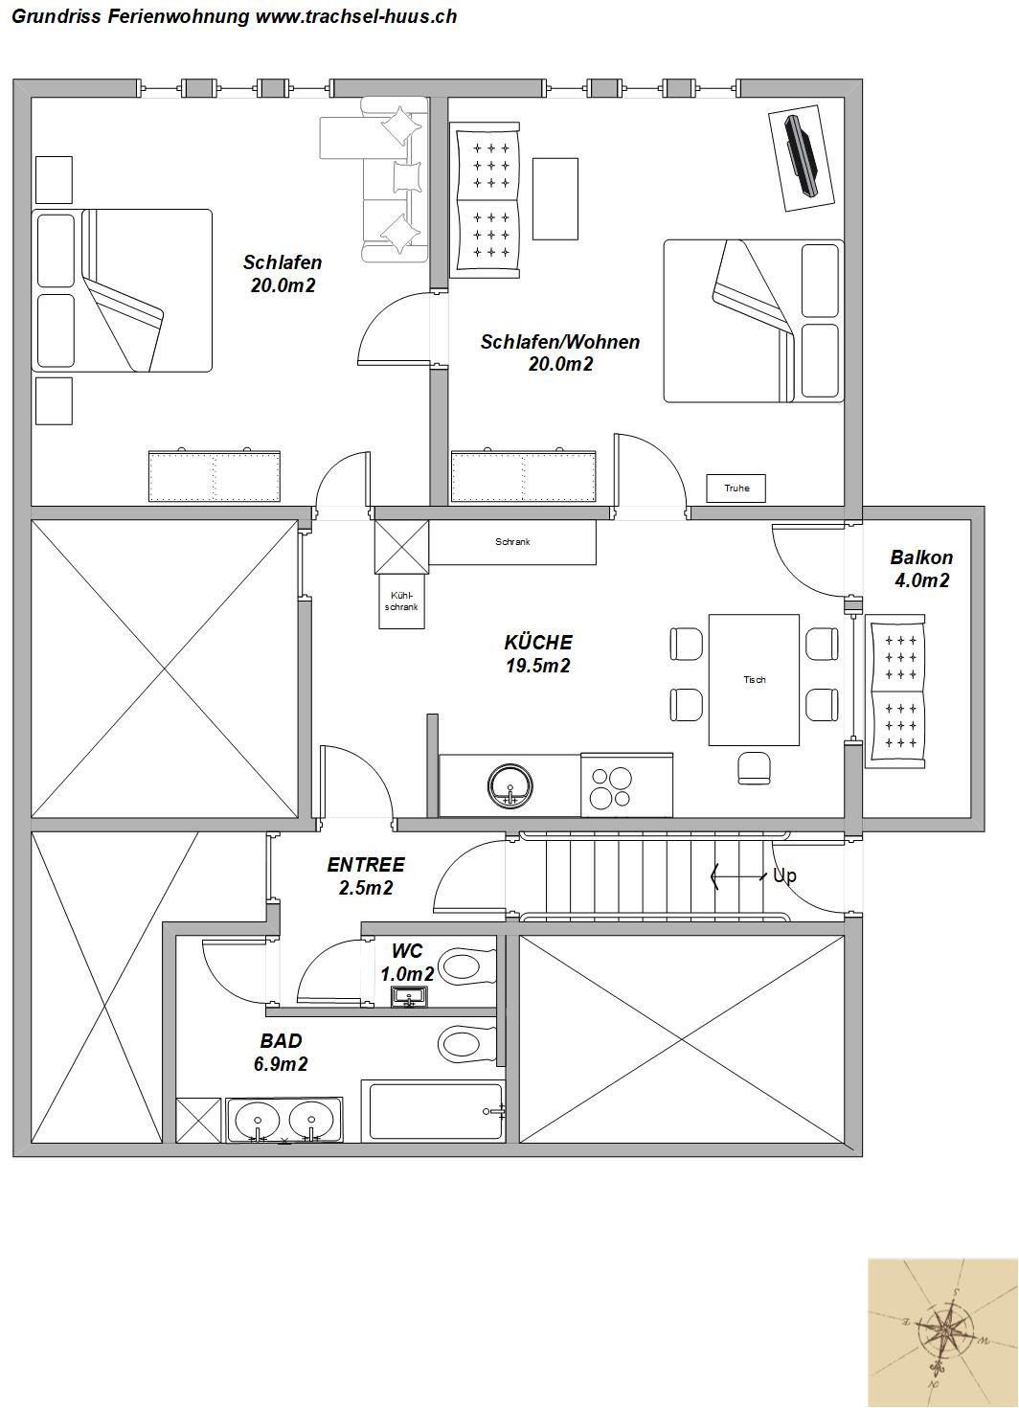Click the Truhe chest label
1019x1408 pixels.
pyautogui.click(x=736, y=488)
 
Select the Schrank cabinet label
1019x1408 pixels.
pyautogui.click(x=512, y=542)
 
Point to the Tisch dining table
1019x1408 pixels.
pyautogui.click(x=755, y=679)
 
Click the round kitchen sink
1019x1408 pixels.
pyautogui.click(x=510, y=786)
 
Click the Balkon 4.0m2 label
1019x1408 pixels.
pyautogui.click(x=921, y=569)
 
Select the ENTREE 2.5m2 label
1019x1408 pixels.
pyautogui.click(x=365, y=876)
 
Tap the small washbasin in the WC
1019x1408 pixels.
pyautogui.click(x=410, y=997)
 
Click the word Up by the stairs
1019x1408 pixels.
pyautogui.click(x=784, y=875)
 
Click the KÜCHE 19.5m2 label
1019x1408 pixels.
pyautogui.click(x=538, y=653)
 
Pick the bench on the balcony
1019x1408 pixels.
pyautogui.click(x=895, y=692)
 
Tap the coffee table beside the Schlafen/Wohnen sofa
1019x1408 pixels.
pyautogui.click(x=555, y=198)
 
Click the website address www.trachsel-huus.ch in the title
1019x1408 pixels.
pyautogui.click(x=356, y=15)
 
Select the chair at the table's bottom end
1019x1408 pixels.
pyautogui.click(x=754, y=768)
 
